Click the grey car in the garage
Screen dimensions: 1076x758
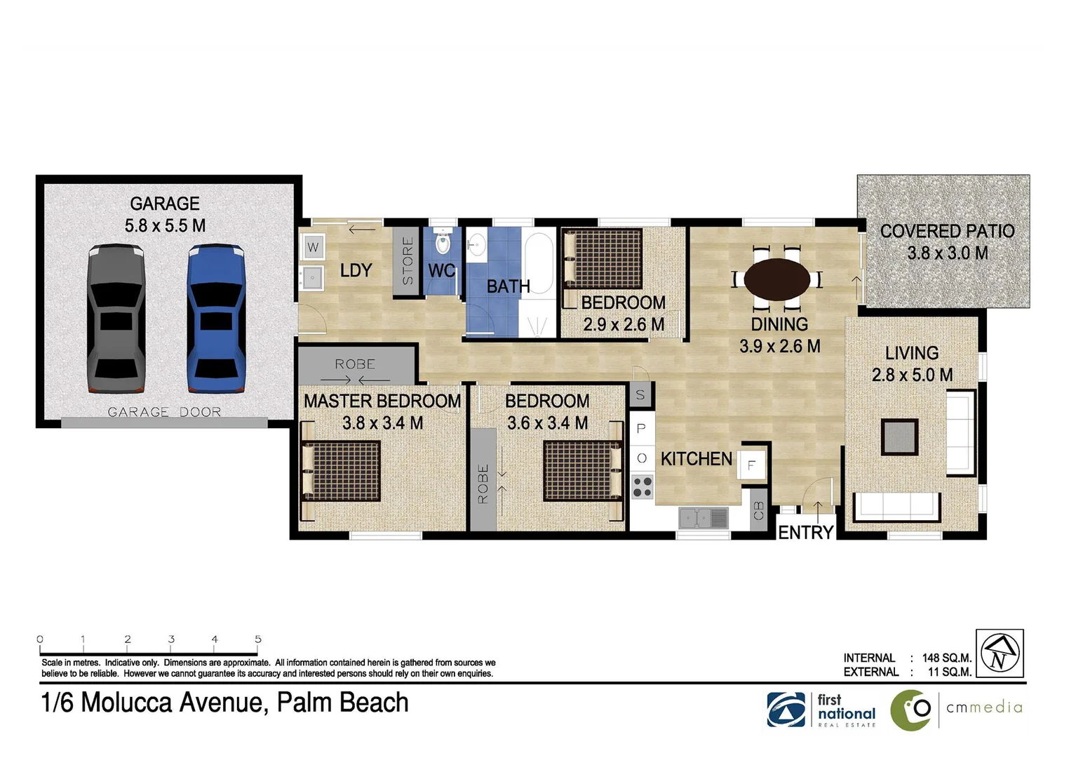pos(116,319)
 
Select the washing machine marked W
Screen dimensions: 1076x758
pos(313,248)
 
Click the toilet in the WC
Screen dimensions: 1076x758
pos(443,241)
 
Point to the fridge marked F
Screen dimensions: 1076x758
pos(751,465)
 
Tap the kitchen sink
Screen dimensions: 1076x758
pos(704,518)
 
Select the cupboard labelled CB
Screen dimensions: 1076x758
pos(759,510)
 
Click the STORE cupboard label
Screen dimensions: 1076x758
pos(408,261)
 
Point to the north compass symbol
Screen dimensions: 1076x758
pos(1000,653)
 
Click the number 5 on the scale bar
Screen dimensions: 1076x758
pos(258,639)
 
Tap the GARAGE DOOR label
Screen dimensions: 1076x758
pos(164,412)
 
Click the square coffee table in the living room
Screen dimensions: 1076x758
pos(900,437)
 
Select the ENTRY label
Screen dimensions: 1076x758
pos(805,533)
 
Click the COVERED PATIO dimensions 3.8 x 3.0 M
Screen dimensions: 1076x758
pos(947,253)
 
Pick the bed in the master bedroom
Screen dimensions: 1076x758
pos(340,471)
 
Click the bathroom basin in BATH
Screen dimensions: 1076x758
pos(476,245)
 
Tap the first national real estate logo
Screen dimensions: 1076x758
pos(821,710)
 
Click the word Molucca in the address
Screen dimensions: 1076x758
pos(127,703)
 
